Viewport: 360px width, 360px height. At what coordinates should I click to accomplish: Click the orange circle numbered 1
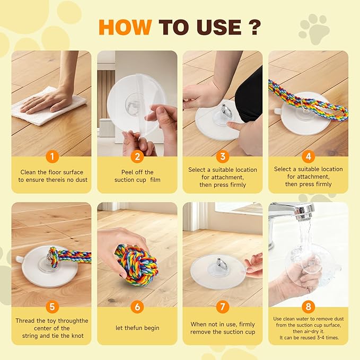coord(51,156)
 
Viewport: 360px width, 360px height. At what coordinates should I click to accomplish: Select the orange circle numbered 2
coord(137,156)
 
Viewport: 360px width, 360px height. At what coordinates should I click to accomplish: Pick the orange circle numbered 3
coord(223,156)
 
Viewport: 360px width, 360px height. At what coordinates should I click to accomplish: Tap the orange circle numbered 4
coord(308,156)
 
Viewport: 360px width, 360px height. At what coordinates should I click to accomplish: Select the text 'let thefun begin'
coord(137,328)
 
